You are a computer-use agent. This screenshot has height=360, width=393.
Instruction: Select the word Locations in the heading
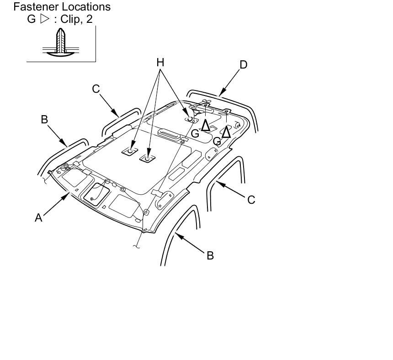[84, 7]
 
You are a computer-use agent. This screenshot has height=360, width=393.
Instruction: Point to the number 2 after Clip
[89, 19]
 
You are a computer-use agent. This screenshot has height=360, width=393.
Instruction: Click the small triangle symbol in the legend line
[44, 19]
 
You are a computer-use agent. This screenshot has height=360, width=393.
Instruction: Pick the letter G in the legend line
[32, 19]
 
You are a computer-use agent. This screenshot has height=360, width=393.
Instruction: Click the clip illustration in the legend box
[61, 42]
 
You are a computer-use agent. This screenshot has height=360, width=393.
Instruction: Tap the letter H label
[160, 63]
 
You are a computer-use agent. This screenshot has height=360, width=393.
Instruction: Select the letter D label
[244, 65]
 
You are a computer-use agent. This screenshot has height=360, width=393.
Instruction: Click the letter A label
[38, 218]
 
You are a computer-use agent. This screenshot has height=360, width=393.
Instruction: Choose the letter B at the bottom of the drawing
[210, 255]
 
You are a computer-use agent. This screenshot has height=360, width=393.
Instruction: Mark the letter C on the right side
[251, 200]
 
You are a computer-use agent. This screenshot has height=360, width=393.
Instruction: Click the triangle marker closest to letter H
[206, 125]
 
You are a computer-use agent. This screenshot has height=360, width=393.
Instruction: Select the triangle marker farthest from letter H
[226, 132]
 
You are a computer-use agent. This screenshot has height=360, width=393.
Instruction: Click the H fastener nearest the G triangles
[190, 119]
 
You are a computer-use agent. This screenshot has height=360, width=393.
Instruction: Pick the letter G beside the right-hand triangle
[217, 142]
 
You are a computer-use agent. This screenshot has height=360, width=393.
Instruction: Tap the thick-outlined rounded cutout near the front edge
[96, 195]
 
